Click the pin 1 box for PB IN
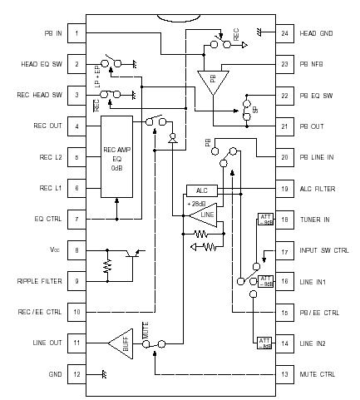coord(76,33)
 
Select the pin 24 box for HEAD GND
coord(285,33)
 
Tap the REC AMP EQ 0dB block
coord(116,157)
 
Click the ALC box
coord(200,190)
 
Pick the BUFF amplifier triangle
coord(121,342)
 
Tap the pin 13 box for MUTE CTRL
coord(285,374)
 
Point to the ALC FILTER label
coord(318,189)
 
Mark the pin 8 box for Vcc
coord(76,250)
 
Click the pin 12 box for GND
coord(76,374)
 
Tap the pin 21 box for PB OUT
coord(285,126)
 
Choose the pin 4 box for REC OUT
coord(76,126)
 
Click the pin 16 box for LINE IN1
coord(285,281)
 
